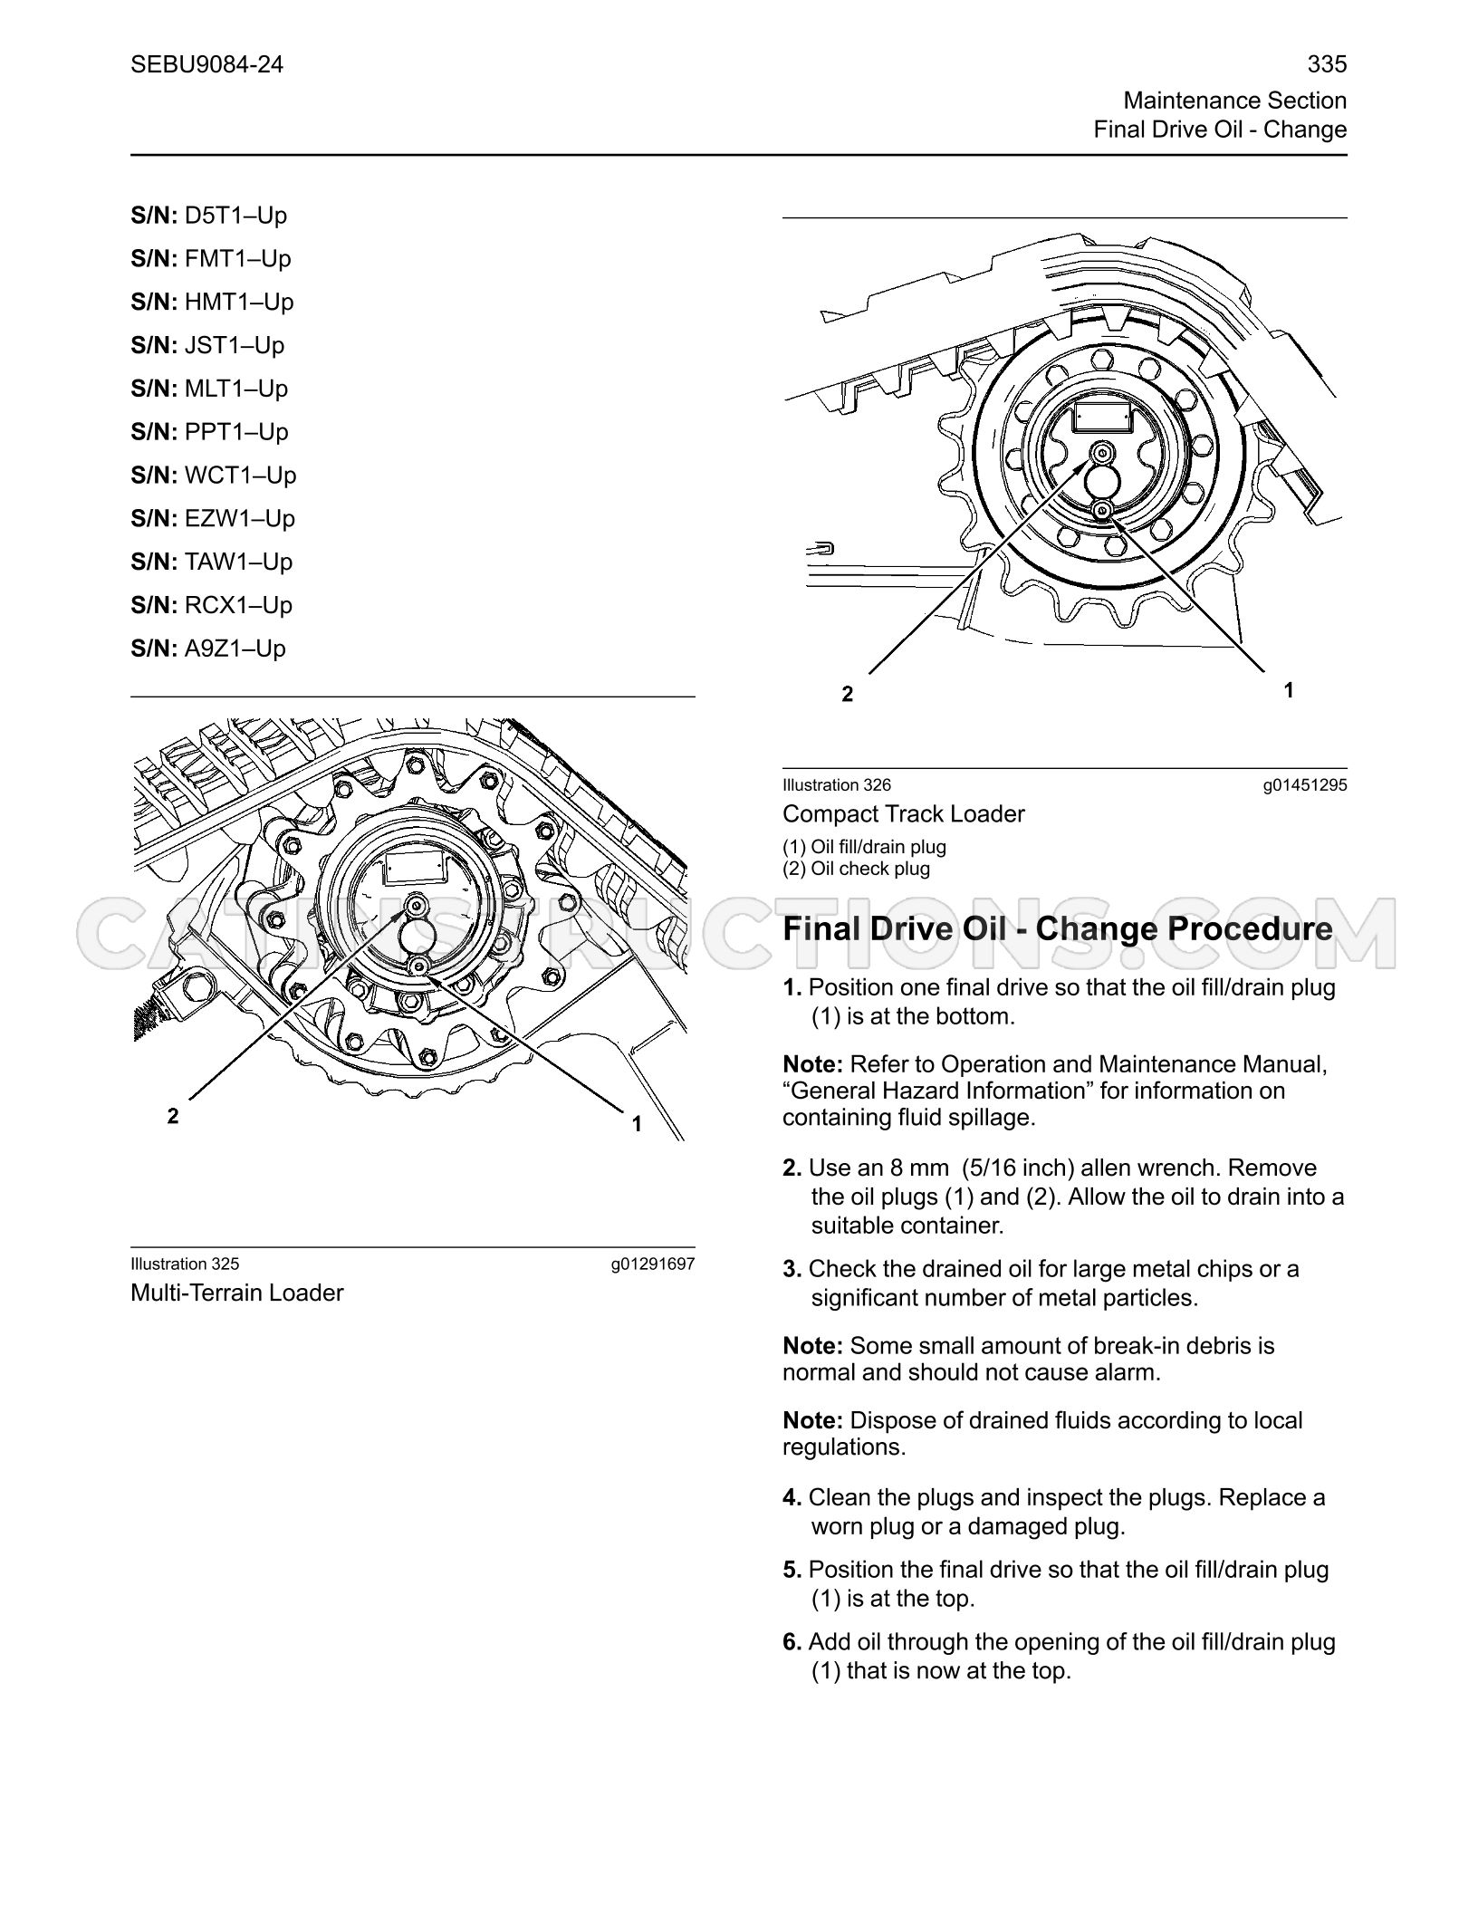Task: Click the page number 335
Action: point(1327,64)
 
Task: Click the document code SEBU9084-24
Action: point(207,64)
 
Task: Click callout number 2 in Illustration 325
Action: point(173,1116)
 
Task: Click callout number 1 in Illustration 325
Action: point(637,1124)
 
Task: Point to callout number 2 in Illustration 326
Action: point(847,695)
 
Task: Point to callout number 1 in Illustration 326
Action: point(1289,690)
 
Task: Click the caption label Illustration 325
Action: point(185,1264)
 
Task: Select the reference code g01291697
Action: point(653,1264)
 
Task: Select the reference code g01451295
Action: point(1305,786)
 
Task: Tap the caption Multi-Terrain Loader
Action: point(237,1293)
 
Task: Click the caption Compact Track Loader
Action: point(904,814)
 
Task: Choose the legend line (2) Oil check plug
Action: point(857,869)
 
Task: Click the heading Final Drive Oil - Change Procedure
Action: point(1058,929)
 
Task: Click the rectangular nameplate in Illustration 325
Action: point(415,868)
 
